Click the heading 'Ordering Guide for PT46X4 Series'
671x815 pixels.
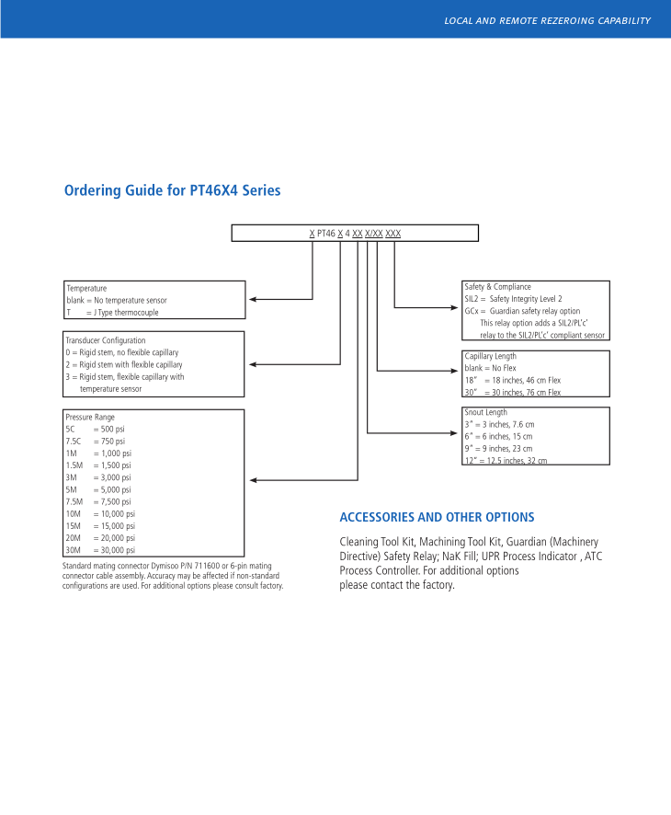coord(172,190)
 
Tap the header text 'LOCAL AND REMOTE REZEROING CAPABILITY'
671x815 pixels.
coord(547,20)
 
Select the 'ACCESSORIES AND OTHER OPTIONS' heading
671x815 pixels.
coord(437,517)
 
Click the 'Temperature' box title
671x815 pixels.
coord(86,288)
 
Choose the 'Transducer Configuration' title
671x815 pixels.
coord(106,340)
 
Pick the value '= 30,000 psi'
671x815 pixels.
coord(114,550)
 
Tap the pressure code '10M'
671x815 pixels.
coord(74,513)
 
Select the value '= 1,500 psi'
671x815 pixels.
coord(112,465)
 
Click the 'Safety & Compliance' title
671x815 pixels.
coord(497,287)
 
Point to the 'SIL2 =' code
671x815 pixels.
coord(474,299)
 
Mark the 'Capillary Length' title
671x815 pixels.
coord(490,356)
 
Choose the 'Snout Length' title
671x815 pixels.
coord(485,412)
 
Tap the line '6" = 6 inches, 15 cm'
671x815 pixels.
coord(498,436)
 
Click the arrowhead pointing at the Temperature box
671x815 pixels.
coord(254,299)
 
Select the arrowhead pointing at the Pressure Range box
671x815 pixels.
coord(254,480)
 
